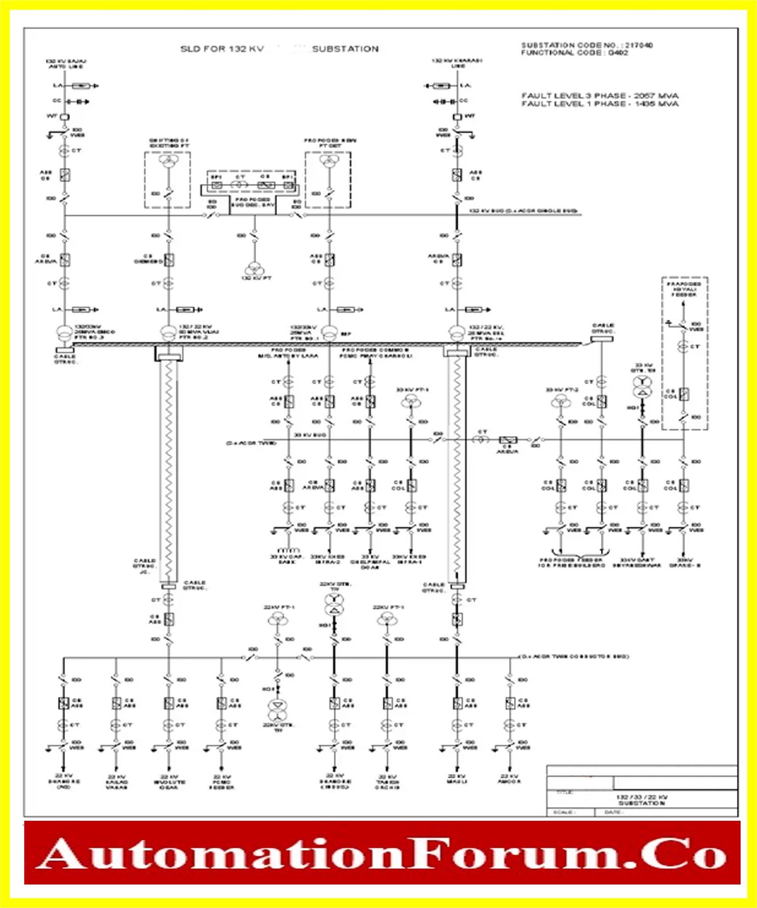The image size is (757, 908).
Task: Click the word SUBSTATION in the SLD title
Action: click(345, 49)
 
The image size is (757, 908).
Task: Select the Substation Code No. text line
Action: click(587, 45)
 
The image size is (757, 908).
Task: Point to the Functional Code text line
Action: click(574, 53)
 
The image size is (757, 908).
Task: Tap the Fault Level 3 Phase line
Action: click(599, 96)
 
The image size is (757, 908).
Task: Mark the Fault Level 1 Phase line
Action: click(599, 104)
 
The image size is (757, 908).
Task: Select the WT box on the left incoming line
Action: click(65, 117)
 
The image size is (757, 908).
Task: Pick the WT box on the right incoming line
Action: click(457, 117)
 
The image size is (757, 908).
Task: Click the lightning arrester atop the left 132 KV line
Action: click(81, 86)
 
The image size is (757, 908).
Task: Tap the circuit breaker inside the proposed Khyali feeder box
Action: click(684, 394)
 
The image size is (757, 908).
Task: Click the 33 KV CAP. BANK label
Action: click(287, 559)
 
